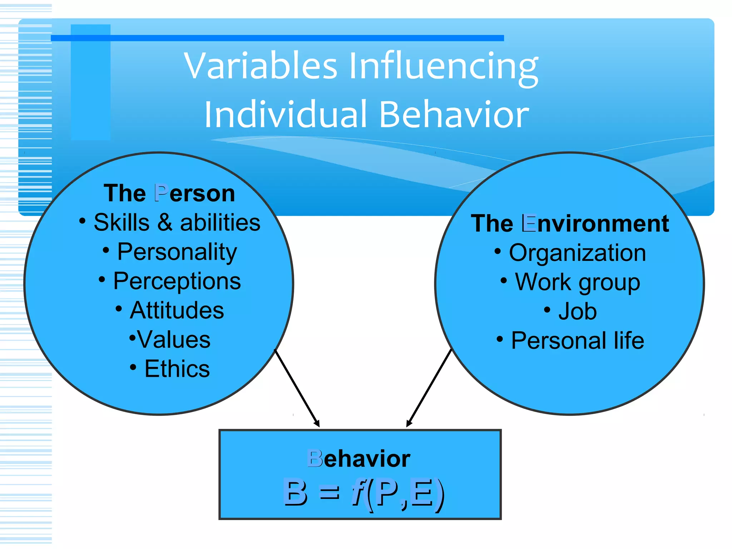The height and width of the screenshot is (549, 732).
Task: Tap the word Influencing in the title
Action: (x=443, y=66)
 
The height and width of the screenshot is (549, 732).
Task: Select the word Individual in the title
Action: (x=286, y=114)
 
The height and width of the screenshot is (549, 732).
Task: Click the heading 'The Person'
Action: (x=169, y=193)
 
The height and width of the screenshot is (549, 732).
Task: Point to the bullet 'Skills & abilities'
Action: (x=177, y=222)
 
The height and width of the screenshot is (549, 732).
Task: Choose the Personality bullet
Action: (x=177, y=252)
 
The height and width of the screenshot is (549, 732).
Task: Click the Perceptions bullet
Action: (x=177, y=281)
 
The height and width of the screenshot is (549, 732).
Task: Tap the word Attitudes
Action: (x=177, y=310)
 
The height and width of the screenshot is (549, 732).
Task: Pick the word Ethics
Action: (x=177, y=369)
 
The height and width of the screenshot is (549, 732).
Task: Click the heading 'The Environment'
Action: (x=570, y=223)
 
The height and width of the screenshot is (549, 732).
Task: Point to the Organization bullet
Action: (x=577, y=253)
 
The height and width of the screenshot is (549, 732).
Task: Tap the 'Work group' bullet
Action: (x=577, y=282)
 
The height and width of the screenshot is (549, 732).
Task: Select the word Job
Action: (x=577, y=311)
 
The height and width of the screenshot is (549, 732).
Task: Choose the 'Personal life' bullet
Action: (x=577, y=340)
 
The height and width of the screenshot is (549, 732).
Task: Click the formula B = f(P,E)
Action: (x=364, y=493)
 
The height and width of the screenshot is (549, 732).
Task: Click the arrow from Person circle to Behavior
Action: (x=297, y=388)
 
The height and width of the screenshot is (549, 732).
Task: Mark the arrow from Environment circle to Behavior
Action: (x=429, y=388)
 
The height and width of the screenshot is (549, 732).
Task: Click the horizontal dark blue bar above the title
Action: (x=277, y=38)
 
